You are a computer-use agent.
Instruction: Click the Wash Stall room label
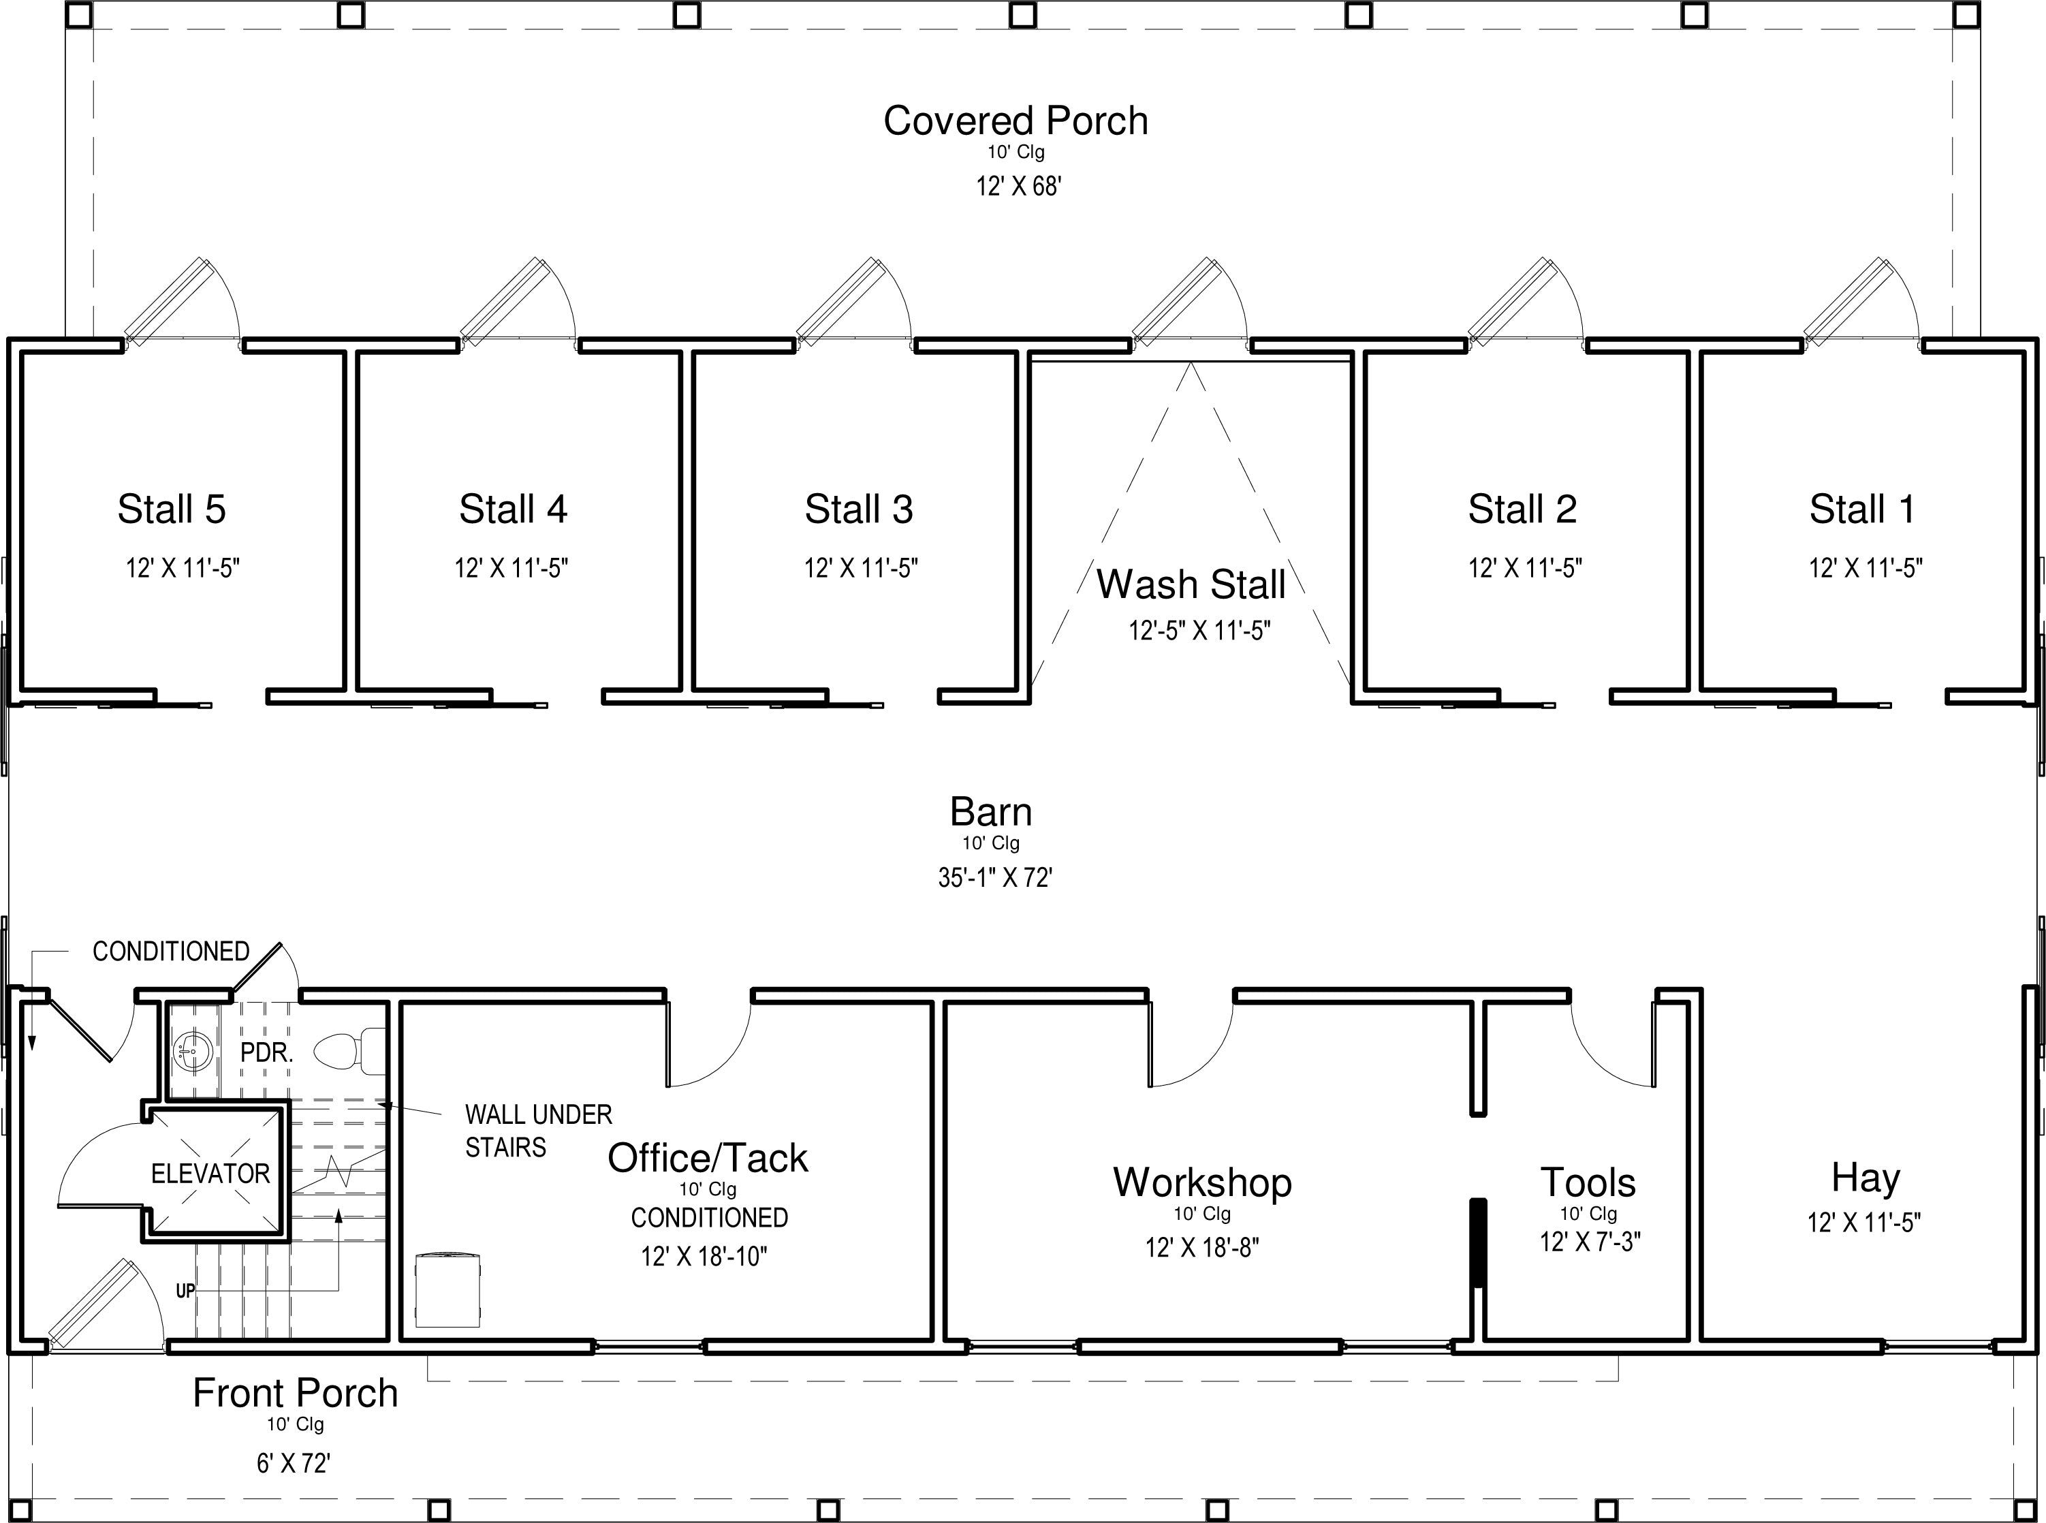tap(1191, 584)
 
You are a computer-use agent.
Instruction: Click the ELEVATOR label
tap(211, 1174)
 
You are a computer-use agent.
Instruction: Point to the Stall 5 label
tap(172, 509)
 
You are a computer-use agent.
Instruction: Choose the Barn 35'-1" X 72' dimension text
tap(995, 878)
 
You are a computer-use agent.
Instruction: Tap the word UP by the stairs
tap(185, 1291)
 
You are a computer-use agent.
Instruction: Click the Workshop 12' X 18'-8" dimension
tap(1202, 1247)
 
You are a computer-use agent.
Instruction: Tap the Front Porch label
tap(295, 1393)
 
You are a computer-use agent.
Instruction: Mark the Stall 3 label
tap(859, 509)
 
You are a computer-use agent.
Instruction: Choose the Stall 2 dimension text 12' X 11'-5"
tap(1525, 568)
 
